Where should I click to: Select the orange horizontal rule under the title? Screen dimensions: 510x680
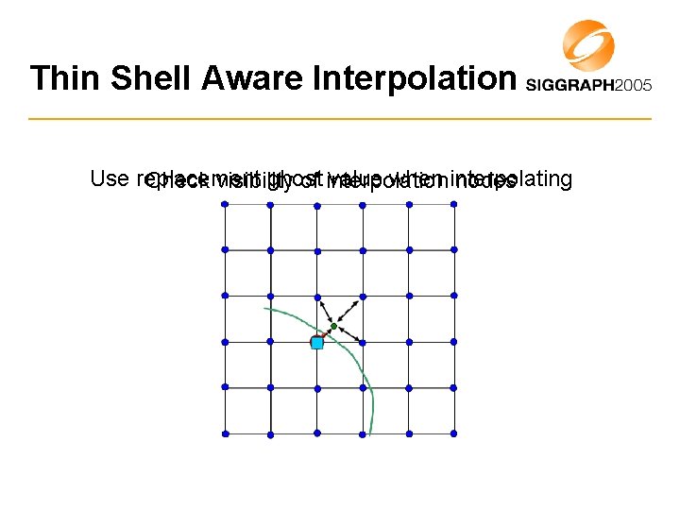[x=340, y=119]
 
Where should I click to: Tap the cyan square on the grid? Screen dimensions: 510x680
[x=317, y=344]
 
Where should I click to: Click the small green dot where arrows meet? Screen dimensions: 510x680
[x=333, y=327]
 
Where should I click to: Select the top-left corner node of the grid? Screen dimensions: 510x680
[x=225, y=203]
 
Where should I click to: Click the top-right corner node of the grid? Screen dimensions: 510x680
[x=454, y=203]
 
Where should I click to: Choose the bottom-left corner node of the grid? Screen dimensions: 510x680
[x=225, y=433]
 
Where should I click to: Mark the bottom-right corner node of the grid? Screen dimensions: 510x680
[x=454, y=433]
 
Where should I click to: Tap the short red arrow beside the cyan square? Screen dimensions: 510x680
[x=325, y=334]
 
